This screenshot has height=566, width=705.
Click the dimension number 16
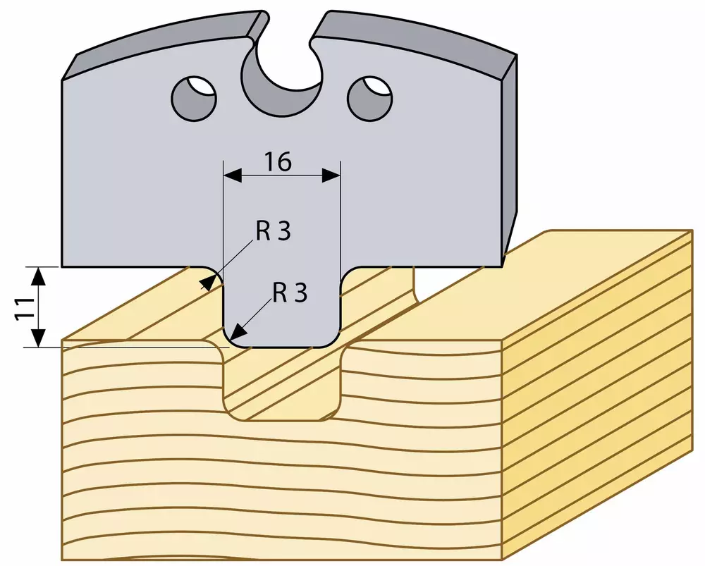[278, 162]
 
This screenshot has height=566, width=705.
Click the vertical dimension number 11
[26, 308]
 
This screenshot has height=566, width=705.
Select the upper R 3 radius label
[274, 231]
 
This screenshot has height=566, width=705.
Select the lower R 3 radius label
[290, 293]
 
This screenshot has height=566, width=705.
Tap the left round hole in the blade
[195, 98]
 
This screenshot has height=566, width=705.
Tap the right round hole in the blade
[370, 98]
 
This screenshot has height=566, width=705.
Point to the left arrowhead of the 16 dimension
[233, 175]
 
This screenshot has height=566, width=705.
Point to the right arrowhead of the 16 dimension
[331, 175]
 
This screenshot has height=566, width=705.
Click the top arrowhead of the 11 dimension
[39, 276]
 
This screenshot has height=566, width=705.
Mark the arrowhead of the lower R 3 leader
[238, 331]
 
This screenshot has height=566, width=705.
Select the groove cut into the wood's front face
[283, 382]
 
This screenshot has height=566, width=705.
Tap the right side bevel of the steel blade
[510, 157]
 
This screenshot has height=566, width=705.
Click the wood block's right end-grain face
[597, 395]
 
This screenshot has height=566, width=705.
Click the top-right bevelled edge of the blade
[414, 40]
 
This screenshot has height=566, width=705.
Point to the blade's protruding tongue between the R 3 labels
[283, 307]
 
